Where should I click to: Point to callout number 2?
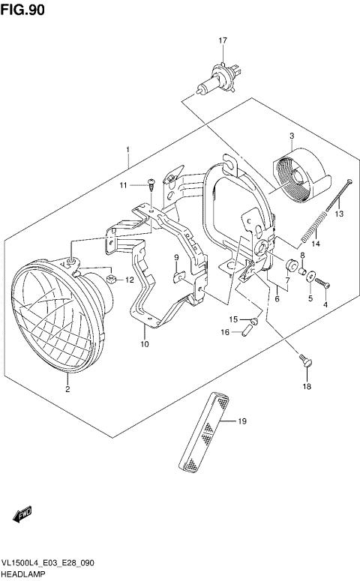[x=67, y=388]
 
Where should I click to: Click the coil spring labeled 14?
[x=315, y=226]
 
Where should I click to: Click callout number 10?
[x=144, y=345]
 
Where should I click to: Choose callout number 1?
[x=128, y=149]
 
